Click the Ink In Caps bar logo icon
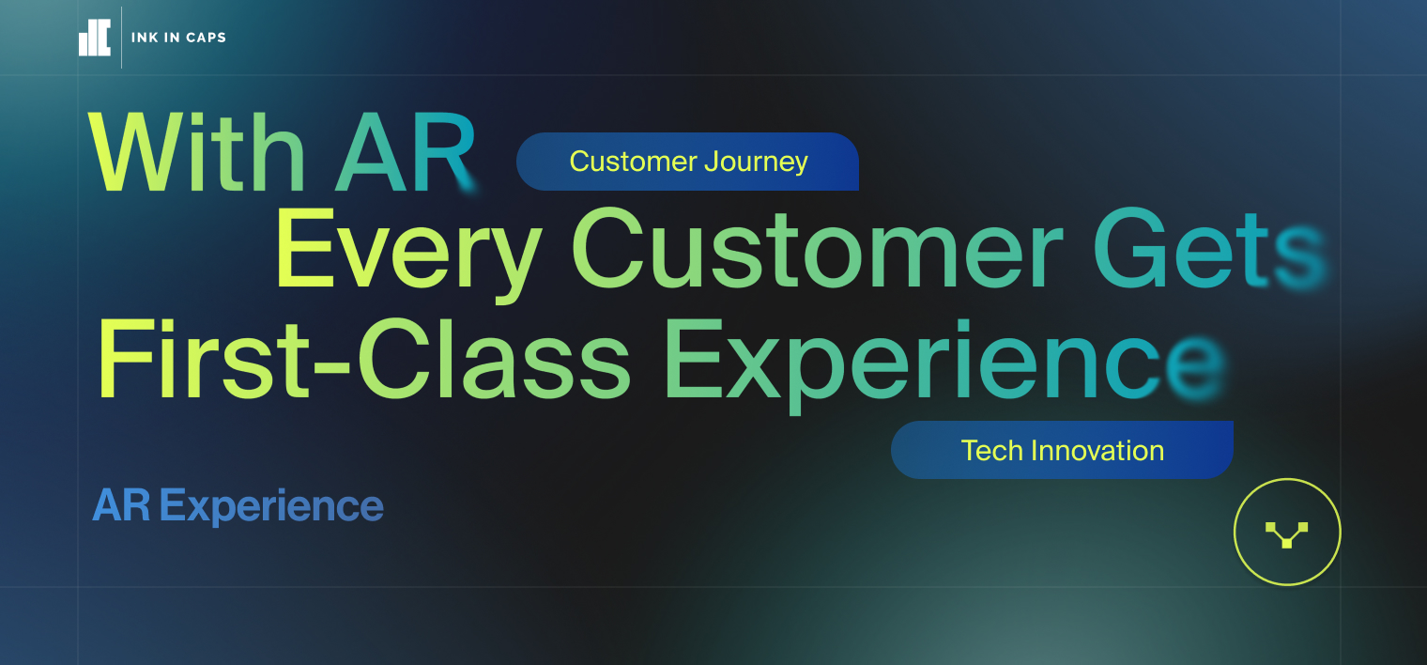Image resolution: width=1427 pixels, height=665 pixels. (x=94, y=38)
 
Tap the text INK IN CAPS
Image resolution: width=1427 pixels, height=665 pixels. (x=178, y=38)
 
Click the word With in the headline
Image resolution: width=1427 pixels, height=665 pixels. (x=197, y=152)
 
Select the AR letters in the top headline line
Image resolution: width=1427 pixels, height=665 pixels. (x=407, y=152)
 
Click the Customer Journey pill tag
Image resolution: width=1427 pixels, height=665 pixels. (x=687, y=162)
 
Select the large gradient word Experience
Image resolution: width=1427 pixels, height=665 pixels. (x=944, y=364)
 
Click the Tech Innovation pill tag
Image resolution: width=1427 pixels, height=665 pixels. (x=1062, y=450)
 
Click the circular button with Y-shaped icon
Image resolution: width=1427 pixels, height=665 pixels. (x=1287, y=532)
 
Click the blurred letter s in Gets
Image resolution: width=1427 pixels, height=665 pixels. (x=1299, y=257)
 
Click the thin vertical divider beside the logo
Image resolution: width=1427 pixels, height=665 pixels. (x=121, y=37)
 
